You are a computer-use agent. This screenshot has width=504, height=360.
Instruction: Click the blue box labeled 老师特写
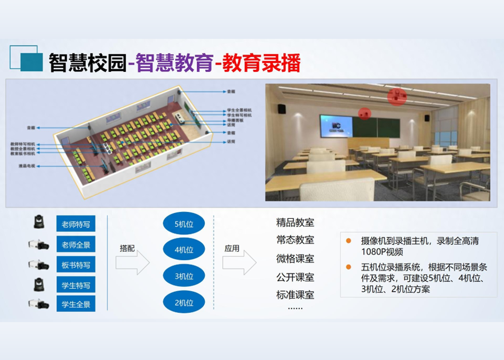[x=76, y=225]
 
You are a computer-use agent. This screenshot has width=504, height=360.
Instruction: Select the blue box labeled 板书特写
[x=76, y=265]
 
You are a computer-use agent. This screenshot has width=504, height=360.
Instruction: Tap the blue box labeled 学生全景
[x=76, y=304]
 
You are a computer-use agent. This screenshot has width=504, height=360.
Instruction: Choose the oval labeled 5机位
[x=184, y=224]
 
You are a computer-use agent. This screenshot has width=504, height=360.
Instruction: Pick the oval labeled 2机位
[x=184, y=302]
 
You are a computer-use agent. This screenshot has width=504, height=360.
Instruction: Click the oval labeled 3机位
[x=184, y=276]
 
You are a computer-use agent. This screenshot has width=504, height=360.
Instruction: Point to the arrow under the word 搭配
[x=132, y=263]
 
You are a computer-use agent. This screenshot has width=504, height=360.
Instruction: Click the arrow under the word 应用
[x=239, y=263]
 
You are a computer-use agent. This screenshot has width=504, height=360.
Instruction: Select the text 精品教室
[x=295, y=222]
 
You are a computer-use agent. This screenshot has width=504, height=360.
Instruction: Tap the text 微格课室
[x=295, y=259]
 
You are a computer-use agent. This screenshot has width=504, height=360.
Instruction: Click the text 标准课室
[x=295, y=295]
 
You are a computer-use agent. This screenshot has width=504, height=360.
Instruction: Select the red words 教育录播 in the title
[x=261, y=63]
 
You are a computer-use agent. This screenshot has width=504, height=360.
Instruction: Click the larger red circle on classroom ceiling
[x=396, y=96]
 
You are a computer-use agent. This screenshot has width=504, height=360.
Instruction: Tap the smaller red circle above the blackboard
[x=364, y=113]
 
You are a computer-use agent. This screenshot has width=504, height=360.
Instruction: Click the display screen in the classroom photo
[x=336, y=126]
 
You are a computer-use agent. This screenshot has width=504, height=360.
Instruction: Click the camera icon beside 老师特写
[x=38, y=222]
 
